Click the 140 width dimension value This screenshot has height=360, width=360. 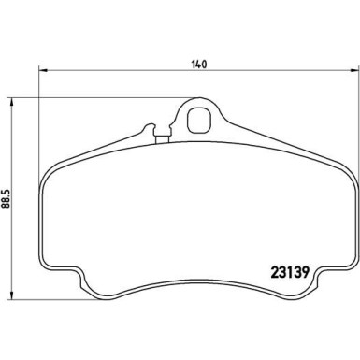coord(197,65)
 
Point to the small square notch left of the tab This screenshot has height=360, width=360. coord(162,137)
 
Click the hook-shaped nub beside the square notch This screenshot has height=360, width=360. coord(150,128)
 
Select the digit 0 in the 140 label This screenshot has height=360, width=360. coord(203,65)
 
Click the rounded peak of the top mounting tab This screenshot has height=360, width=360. coord(198,101)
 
